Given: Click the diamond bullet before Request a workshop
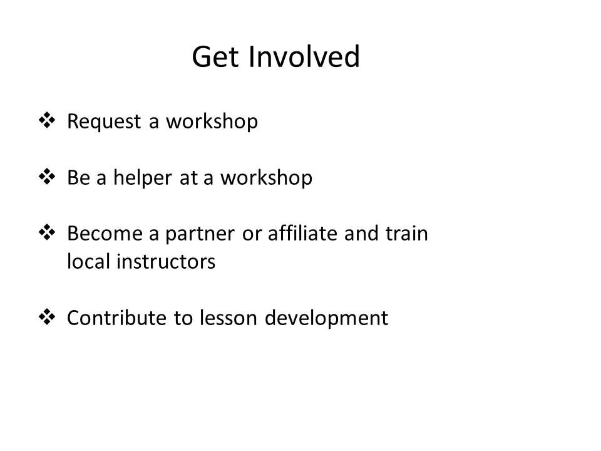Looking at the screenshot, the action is [x=47, y=120].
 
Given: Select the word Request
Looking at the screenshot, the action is [x=104, y=121].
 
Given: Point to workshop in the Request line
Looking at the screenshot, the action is [x=212, y=122].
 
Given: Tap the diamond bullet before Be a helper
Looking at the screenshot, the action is [x=47, y=177].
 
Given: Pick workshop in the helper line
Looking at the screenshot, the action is [x=266, y=178].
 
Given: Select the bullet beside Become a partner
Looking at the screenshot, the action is [x=47, y=232].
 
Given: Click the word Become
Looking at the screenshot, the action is [x=105, y=233].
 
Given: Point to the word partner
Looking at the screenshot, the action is [x=200, y=234].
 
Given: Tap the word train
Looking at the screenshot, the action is [x=406, y=233].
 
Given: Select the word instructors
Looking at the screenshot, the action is [x=165, y=262].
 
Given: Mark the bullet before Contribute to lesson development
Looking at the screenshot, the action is [x=47, y=317].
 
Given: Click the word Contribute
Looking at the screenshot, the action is [x=117, y=318].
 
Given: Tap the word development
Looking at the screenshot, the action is [x=326, y=318].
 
